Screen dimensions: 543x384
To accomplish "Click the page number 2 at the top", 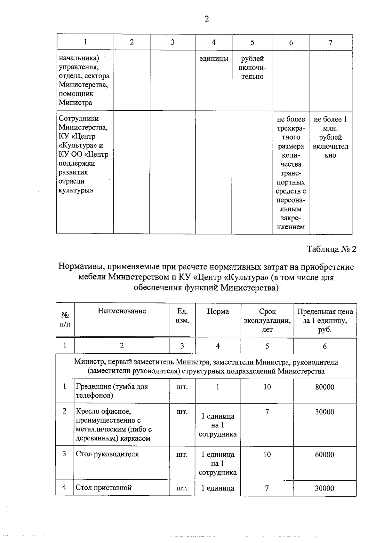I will [207, 19].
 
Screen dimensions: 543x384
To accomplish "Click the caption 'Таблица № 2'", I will [332, 249].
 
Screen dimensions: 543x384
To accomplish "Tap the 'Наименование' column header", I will [122, 311].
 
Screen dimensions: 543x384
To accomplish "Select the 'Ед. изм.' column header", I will [182, 316].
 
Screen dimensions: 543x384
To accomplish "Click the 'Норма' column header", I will [218, 311].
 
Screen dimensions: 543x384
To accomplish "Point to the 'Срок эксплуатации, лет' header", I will [267, 320].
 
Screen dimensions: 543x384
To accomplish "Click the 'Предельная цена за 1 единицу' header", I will [325, 320].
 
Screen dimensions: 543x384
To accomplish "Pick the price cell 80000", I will [324, 387].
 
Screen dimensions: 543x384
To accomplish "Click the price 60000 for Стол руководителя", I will [324, 455].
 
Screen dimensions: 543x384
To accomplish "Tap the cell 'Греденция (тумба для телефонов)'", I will [112, 391].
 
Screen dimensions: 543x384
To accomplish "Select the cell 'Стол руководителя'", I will [107, 454].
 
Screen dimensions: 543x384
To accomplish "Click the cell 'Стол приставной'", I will [104, 488].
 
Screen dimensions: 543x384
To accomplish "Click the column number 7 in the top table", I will [331, 43].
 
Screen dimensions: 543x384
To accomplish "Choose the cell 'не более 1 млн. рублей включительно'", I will [331, 137].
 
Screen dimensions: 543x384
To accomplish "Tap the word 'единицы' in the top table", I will [214, 59].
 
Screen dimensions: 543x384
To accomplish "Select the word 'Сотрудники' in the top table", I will [79, 119].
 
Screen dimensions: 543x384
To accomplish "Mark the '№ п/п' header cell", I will [65, 319].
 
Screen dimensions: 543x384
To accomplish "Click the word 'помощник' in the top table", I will [76, 94].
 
